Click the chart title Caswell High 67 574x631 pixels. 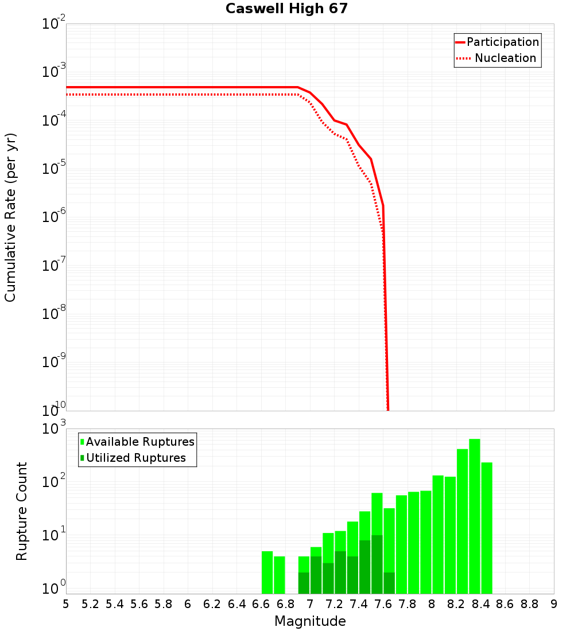tap(286, 9)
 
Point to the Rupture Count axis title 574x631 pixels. tap(22, 511)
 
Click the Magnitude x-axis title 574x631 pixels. tap(310, 621)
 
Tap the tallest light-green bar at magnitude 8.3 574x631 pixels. tap(475, 516)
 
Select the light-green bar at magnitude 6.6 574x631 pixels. tap(267, 572)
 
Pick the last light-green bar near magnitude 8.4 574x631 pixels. tap(487, 528)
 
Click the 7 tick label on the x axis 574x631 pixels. tap(310, 604)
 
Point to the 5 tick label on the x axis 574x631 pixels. tap(66, 604)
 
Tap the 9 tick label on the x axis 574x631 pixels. tap(554, 604)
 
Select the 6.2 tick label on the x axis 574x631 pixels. tap(212, 604)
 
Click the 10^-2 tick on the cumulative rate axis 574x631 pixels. tap(54, 24)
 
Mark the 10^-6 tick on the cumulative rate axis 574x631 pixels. tap(54, 217)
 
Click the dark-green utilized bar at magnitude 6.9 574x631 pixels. tap(304, 583)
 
